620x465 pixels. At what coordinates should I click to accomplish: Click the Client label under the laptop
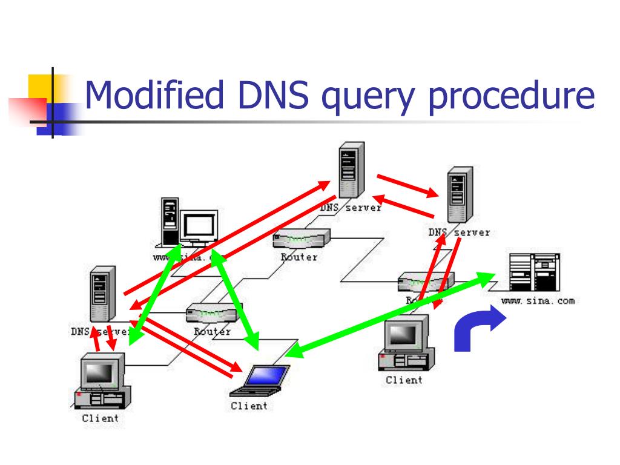click(x=249, y=406)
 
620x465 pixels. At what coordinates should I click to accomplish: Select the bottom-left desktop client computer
click(x=100, y=381)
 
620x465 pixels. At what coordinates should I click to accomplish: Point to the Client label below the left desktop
click(x=101, y=418)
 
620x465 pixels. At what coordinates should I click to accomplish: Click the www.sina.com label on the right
click(x=538, y=301)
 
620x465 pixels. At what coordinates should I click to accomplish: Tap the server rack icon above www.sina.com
click(x=533, y=272)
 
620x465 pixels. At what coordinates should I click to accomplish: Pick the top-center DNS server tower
click(x=351, y=170)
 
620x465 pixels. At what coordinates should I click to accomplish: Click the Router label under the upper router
click(x=298, y=257)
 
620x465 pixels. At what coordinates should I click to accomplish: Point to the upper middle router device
click(x=301, y=239)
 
